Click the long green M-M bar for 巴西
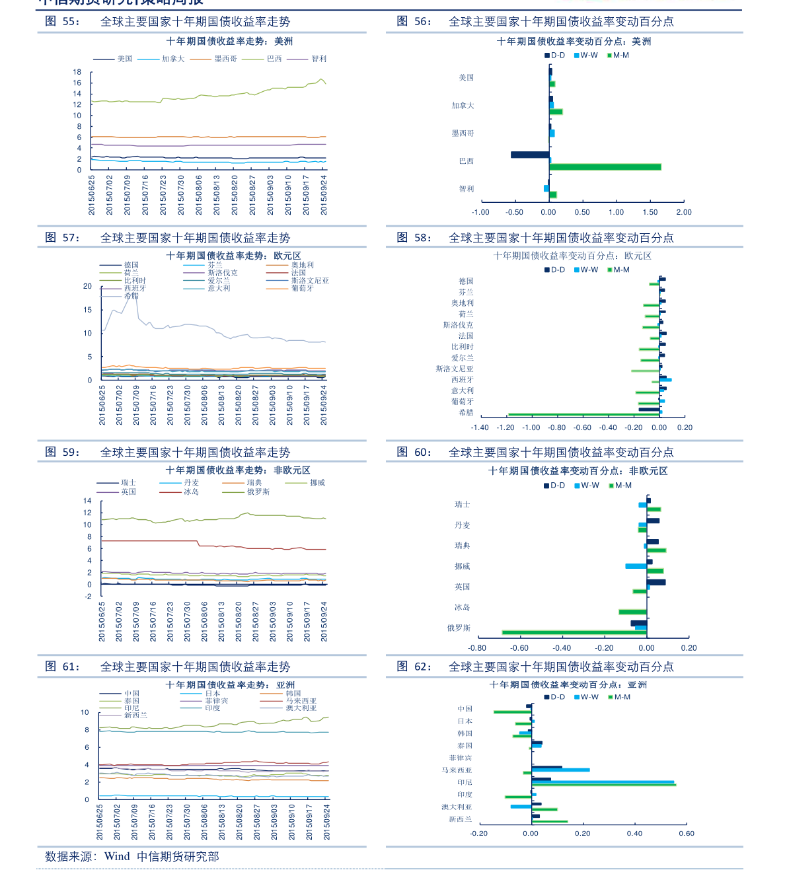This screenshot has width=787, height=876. (605, 167)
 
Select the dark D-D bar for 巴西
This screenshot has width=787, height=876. (529, 155)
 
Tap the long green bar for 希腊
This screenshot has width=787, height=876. (583, 416)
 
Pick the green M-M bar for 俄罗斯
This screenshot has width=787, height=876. (574, 633)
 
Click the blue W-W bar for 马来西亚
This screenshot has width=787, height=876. (560, 770)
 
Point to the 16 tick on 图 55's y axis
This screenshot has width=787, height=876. (77, 83)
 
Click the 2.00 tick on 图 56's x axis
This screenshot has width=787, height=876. (684, 213)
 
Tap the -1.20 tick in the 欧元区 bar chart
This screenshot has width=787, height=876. (506, 428)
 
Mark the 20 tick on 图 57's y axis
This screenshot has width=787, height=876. (87, 287)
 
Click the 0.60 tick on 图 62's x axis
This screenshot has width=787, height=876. (686, 834)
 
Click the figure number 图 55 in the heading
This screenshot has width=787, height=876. (62, 21)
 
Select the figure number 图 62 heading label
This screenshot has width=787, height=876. (414, 667)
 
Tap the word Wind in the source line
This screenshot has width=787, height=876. (117, 857)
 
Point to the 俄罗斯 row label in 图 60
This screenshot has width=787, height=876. (459, 628)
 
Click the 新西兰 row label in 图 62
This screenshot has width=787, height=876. (460, 820)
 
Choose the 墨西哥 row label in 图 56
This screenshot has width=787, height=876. (463, 133)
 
